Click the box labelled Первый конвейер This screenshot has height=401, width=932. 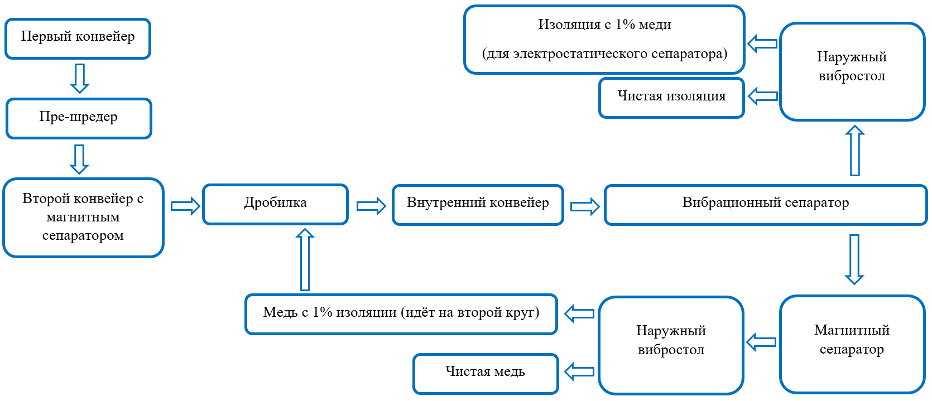(78, 38)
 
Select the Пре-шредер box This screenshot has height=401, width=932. (79, 118)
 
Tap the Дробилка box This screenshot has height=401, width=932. (275, 204)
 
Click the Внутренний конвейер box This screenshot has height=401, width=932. (478, 205)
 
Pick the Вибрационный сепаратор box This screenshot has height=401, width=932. (765, 205)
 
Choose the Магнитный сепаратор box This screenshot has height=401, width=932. (852, 344)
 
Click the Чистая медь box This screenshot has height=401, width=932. (486, 373)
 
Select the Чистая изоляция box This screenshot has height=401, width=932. (671, 98)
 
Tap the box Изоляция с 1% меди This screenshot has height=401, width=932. (604, 40)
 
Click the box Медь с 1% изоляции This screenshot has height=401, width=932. (401, 314)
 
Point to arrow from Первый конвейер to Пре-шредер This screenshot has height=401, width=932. (80, 78)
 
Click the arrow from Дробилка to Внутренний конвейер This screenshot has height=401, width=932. (371, 206)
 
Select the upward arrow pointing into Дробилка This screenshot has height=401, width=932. (305, 259)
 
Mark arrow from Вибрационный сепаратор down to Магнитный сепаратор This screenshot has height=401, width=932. (854, 259)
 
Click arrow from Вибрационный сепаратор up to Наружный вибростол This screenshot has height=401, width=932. (854, 151)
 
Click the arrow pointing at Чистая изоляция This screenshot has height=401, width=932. (762, 96)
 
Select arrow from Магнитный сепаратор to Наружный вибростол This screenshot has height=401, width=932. (761, 342)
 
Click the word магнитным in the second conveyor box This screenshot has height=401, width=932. (83, 218)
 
